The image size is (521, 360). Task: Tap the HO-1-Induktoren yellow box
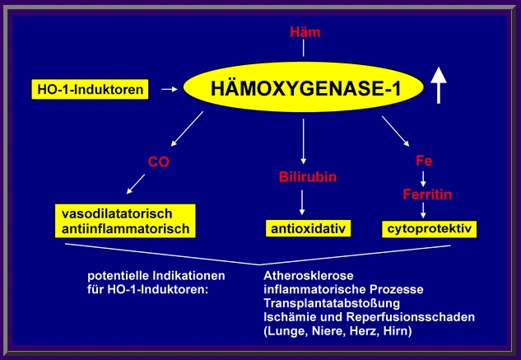(x=91, y=87)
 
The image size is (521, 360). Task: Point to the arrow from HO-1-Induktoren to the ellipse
(x=169, y=87)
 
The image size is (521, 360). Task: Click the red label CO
(x=158, y=162)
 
